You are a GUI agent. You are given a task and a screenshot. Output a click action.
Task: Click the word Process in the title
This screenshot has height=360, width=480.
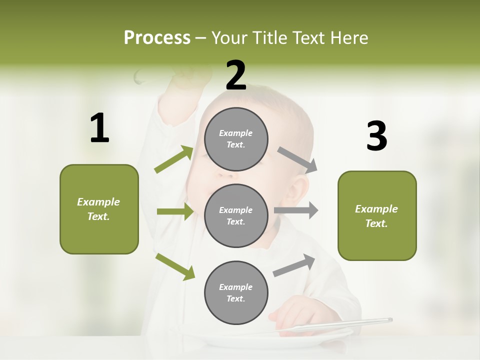pos(157,38)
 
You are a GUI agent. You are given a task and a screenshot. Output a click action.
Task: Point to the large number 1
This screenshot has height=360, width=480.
pos(99,128)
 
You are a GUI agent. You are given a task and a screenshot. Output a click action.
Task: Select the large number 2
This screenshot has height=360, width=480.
pos(236,75)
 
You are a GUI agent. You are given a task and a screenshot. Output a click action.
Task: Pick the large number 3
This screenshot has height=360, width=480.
pos(376,136)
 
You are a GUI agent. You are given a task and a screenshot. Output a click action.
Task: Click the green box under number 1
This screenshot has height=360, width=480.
pos(99,209)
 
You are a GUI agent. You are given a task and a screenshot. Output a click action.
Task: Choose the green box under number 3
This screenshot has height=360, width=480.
pos(377,216)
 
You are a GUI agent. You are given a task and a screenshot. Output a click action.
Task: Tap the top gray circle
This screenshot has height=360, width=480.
pos(236,139)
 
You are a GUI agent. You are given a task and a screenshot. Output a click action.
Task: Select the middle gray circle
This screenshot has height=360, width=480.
pos(236,215)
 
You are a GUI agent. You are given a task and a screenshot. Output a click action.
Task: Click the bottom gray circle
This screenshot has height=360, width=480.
pos(236,292)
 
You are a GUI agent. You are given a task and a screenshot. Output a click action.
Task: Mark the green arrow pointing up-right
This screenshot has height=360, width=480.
pos(174,159)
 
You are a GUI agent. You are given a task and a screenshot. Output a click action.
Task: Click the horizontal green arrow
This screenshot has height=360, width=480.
pos(175,211)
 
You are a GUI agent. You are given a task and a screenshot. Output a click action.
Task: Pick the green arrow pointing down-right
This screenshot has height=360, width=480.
pos(175,266)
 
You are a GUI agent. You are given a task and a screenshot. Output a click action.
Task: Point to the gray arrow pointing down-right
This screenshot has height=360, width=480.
pos(297,160)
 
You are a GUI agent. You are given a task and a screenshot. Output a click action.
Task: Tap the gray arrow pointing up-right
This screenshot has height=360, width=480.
pos(294,265)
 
